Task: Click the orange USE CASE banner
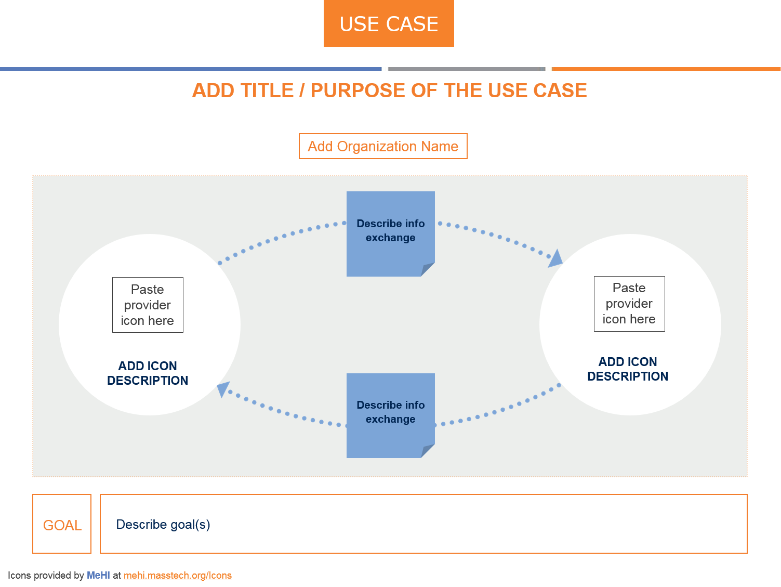point(389,24)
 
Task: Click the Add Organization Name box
point(383,146)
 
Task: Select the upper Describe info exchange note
point(390,230)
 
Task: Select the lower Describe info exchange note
point(390,412)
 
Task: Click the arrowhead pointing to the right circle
point(555,258)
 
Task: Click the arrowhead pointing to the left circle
point(223,388)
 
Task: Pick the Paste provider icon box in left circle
point(148,305)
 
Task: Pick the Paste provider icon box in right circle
point(629,304)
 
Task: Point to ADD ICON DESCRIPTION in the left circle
point(148,373)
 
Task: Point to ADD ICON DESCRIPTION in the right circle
point(628,369)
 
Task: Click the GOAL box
point(62,524)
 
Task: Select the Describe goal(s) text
point(163,525)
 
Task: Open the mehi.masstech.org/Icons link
point(178,576)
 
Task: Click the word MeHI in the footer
point(98,576)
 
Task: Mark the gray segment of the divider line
point(466,69)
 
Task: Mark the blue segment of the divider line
point(190,69)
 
